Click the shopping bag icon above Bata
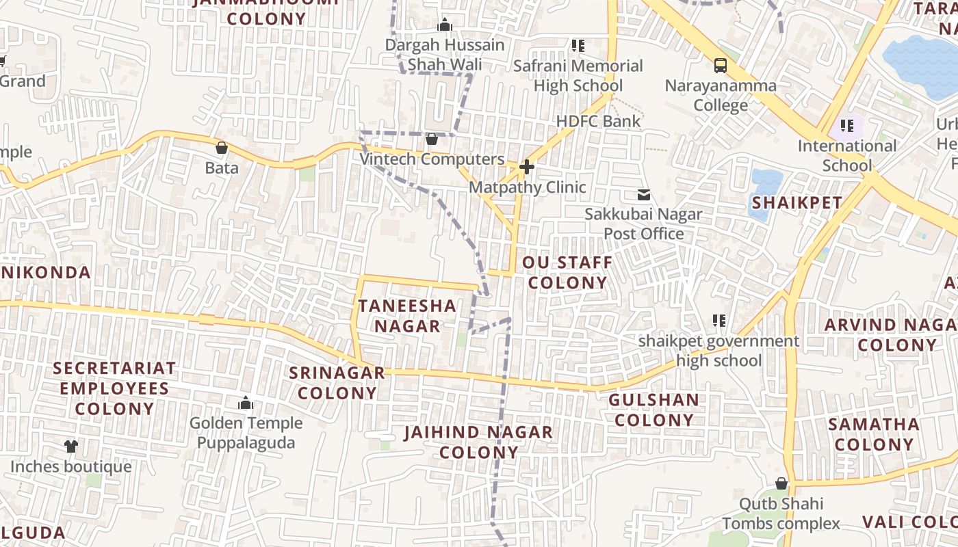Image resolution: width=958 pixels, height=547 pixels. [x=222, y=147]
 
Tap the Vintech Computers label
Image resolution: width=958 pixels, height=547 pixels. [x=432, y=159]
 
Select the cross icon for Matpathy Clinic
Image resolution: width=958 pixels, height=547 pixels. [x=526, y=166]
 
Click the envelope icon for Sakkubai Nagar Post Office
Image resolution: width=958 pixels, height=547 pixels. [x=643, y=195]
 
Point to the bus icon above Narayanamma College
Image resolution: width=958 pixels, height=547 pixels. [x=721, y=66]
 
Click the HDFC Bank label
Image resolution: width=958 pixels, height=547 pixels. [x=598, y=121]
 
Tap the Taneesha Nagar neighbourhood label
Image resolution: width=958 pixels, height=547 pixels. [x=407, y=316]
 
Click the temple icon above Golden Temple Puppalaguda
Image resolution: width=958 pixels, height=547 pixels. [x=246, y=403]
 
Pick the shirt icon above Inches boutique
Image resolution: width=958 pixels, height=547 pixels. [x=71, y=446]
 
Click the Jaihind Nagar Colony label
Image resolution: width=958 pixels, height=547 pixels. [x=478, y=442]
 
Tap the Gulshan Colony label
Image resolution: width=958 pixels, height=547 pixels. [x=653, y=410]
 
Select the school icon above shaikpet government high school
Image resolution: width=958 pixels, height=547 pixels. [x=718, y=320]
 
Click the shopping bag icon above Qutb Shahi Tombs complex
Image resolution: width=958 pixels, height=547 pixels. [x=781, y=483]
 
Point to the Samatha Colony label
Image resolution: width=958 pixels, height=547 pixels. [x=874, y=434]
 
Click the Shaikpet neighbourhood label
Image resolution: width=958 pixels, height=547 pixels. [x=797, y=202]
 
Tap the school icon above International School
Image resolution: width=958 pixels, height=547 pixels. [x=847, y=126]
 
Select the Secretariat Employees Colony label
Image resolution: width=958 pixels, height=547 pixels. [x=114, y=388]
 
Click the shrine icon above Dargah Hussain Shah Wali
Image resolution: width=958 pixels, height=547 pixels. [x=445, y=25]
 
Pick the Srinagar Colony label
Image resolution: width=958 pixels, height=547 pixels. [x=337, y=383]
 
